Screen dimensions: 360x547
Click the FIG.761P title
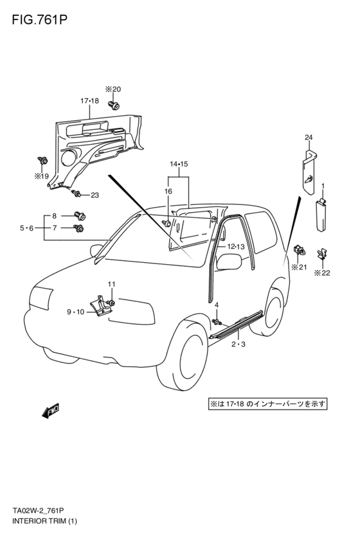[39, 20]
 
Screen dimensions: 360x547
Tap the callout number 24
[309, 138]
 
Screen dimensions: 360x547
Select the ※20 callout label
[113, 89]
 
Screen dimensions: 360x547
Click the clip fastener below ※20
[113, 104]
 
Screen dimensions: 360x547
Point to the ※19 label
[41, 176]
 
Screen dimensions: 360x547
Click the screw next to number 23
[76, 193]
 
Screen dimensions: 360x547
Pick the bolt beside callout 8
[80, 216]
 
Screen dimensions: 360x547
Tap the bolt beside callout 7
[78, 228]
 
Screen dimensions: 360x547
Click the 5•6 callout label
[26, 228]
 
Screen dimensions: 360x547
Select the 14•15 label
[179, 164]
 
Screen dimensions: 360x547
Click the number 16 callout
[168, 191]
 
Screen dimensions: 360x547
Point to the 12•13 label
[236, 247]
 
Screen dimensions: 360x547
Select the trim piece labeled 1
[321, 215]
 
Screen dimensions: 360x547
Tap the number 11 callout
[111, 284]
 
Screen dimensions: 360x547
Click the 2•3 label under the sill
[239, 345]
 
